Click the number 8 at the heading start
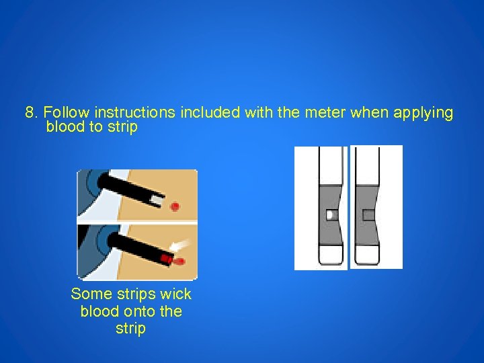coord(30,112)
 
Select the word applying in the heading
coord(424,114)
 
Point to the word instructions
coord(135,112)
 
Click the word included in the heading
coord(210,112)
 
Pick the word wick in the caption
coord(176,294)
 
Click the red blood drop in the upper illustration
coord(175,206)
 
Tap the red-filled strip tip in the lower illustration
coord(166,258)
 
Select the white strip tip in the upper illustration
coord(157,201)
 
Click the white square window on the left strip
coord(331,215)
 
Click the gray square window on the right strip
coord(367,215)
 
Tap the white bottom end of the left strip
coord(331,255)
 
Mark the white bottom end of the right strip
coord(367,255)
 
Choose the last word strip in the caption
coord(130,329)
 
